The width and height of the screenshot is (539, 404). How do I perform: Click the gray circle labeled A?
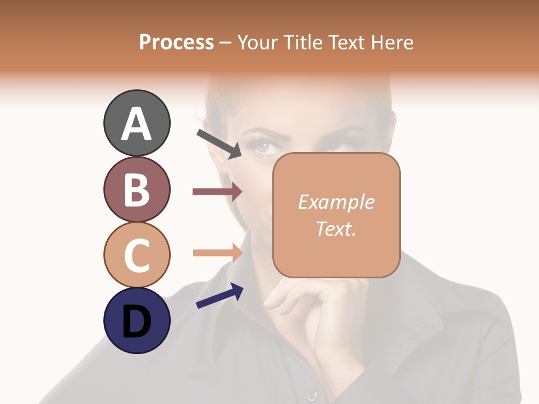[x=136, y=123]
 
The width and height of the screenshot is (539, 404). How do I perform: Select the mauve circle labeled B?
[x=136, y=189]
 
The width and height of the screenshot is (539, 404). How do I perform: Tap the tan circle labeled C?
[x=136, y=255]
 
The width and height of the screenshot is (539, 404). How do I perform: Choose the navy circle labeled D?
[x=136, y=321]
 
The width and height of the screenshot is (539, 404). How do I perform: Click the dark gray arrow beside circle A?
[x=219, y=143]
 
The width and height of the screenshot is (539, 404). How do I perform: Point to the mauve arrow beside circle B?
[x=217, y=192]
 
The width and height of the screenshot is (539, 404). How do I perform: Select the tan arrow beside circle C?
[x=217, y=252]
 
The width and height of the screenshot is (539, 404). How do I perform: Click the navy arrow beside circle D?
[x=220, y=296]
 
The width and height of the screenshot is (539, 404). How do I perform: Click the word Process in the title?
[x=176, y=42]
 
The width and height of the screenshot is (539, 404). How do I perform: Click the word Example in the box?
[x=336, y=202]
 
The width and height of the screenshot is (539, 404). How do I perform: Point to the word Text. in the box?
[x=336, y=228]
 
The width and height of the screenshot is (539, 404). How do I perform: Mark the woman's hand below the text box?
[x=314, y=314]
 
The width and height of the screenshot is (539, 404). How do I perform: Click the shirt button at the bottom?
[x=312, y=396]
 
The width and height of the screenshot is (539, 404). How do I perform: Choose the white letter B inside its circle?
[x=136, y=189]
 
